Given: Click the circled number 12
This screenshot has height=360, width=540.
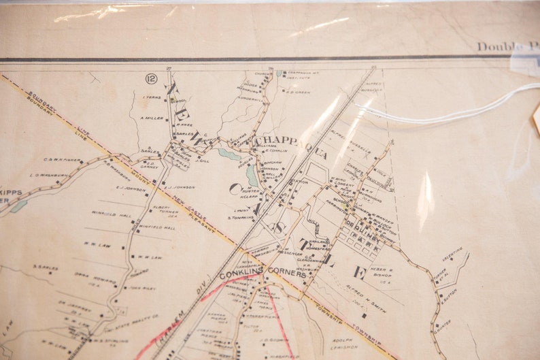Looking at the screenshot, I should point(151,79).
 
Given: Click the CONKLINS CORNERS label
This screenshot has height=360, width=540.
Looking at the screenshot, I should point(263,275).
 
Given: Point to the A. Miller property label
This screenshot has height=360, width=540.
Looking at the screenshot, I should point(152,118).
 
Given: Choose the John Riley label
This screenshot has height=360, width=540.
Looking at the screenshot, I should point(145,288).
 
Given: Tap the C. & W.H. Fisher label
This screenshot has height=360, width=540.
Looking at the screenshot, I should point(63,160).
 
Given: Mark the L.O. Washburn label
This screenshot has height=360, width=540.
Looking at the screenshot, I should point(49,175).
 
